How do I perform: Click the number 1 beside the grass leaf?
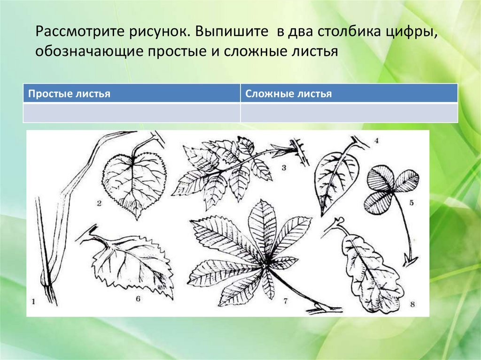pos(33,301)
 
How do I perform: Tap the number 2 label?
pos(99,203)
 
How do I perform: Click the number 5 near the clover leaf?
pos(411,203)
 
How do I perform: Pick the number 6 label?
pos(138,299)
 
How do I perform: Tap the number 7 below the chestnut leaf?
pos(285,301)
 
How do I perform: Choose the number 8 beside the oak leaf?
pos(412,304)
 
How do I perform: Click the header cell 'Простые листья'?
pos(132,93)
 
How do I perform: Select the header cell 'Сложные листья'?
pos(349,93)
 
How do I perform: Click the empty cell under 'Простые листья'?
pos(132,113)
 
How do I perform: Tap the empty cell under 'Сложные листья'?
pos(349,113)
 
